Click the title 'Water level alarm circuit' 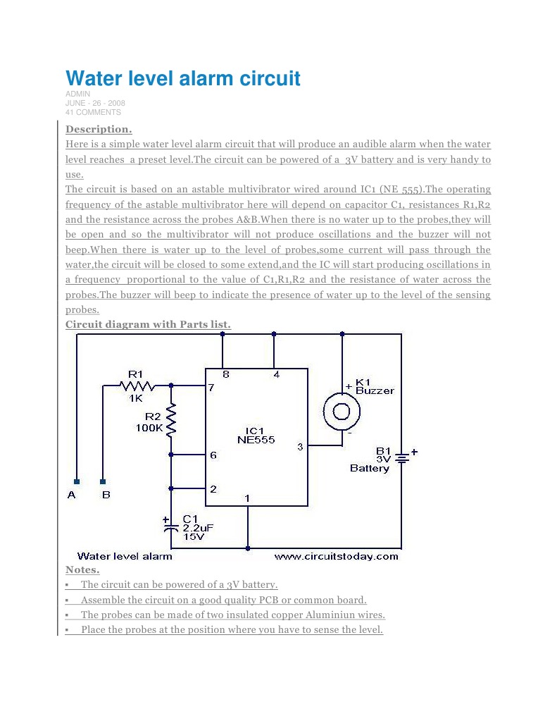point(183,78)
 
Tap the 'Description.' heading point(99,129)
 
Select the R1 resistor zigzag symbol point(137,386)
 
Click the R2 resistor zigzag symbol point(171,419)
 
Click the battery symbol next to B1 point(401,458)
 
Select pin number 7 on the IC point(211,388)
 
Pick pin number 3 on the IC point(300,446)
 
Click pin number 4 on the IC point(276,375)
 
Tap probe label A point(72,495)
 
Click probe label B point(106,495)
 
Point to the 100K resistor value point(149,427)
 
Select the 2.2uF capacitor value point(198,526)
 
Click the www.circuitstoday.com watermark point(336,556)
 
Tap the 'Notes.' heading point(82,569)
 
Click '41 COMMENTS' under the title point(93,112)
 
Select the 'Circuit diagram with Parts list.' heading point(148,324)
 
